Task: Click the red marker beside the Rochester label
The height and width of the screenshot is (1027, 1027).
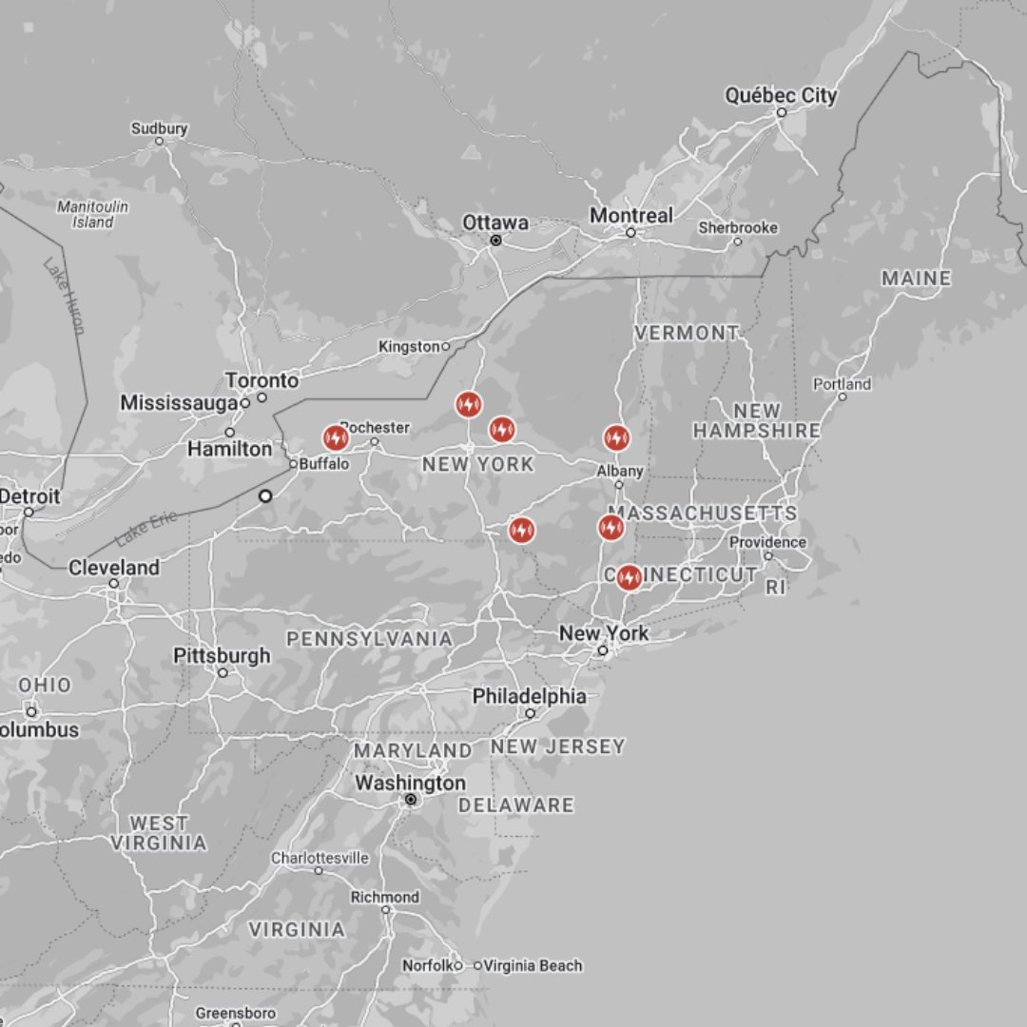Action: [335, 437]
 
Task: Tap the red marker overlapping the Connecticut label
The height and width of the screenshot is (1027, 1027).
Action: [629, 577]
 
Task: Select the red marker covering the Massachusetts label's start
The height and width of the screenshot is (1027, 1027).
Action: [611, 527]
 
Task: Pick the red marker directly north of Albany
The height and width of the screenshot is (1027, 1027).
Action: [616, 437]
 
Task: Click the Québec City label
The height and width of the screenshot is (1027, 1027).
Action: [781, 96]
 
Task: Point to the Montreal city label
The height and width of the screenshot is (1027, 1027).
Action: [630, 216]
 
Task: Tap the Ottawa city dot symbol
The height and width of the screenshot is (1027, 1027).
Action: [495, 241]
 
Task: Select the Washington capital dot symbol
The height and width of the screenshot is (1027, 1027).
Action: [411, 801]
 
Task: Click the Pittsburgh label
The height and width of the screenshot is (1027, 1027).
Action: [222, 656]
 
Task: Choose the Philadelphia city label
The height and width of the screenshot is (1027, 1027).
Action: [530, 696]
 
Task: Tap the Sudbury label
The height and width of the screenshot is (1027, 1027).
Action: [160, 128]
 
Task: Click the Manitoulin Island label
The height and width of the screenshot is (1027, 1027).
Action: [92, 214]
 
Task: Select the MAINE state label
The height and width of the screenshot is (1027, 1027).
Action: [916, 279]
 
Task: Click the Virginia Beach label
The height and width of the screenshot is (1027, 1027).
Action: [533, 966]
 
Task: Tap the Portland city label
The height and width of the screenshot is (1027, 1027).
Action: [842, 384]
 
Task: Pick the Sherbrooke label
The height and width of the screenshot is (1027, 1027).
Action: [738, 228]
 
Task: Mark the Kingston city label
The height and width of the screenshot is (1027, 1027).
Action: [409, 347]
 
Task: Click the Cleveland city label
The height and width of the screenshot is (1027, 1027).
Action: [114, 568]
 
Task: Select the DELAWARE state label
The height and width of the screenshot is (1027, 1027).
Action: [516, 805]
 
